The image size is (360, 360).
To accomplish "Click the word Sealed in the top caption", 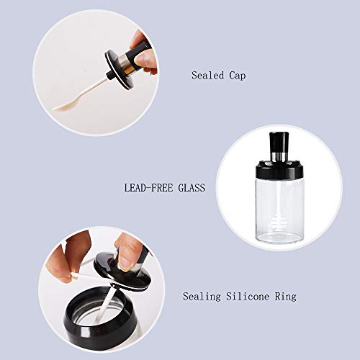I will (206, 75).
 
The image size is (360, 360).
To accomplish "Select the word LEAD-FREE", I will (149, 188).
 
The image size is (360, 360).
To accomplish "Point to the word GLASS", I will (191, 188).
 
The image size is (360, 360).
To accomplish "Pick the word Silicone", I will (243, 297).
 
